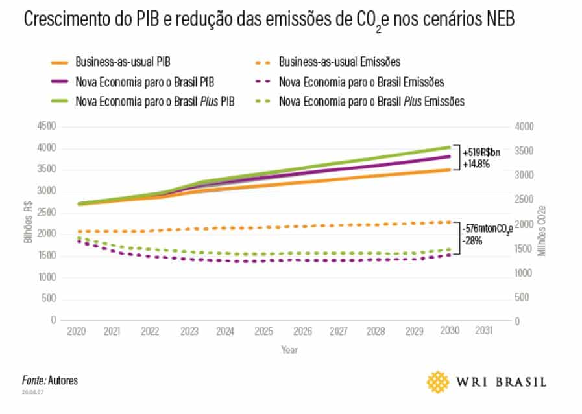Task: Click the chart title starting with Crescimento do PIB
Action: [269, 20]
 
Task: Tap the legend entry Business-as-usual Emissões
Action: [339, 62]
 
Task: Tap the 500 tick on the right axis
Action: [522, 297]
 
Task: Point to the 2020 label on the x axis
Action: [76, 331]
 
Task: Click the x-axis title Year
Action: [289, 350]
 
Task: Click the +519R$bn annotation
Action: [481, 152]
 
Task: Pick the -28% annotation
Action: [472, 240]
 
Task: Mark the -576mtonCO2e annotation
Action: [487, 229]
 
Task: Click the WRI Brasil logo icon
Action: [438, 382]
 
